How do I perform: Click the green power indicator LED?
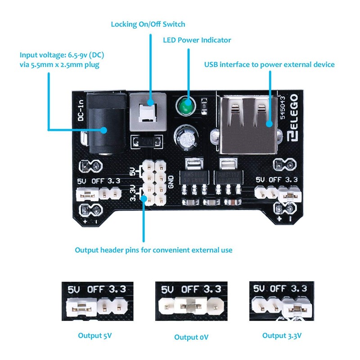click(184, 106)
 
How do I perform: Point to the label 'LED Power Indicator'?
click(197, 40)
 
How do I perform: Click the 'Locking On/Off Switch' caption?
click(148, 24)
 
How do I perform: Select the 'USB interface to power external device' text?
click(269, 64)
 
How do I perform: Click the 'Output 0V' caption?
click(191, 337)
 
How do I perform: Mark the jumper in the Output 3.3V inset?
click(297, 308)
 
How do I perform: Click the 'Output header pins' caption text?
click(153, 249)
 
